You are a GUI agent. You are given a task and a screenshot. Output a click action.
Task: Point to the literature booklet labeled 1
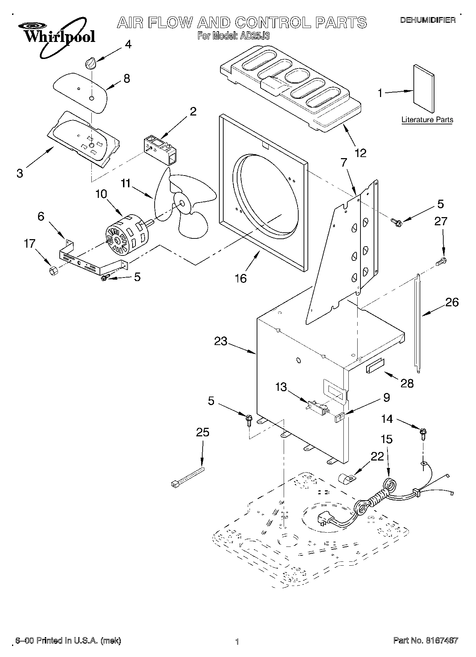coord(424,89)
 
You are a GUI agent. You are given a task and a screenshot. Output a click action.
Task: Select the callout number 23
coord(220,341)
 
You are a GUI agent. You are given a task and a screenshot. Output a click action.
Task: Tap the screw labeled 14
coord(423,434)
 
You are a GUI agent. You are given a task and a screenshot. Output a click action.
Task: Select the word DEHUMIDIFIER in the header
coord(428,20)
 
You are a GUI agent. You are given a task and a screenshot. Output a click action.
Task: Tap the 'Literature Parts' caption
coord(427,120)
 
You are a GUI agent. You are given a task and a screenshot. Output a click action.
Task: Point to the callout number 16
coord(241,278)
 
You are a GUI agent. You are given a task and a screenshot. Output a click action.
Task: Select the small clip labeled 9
coord(339,418)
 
